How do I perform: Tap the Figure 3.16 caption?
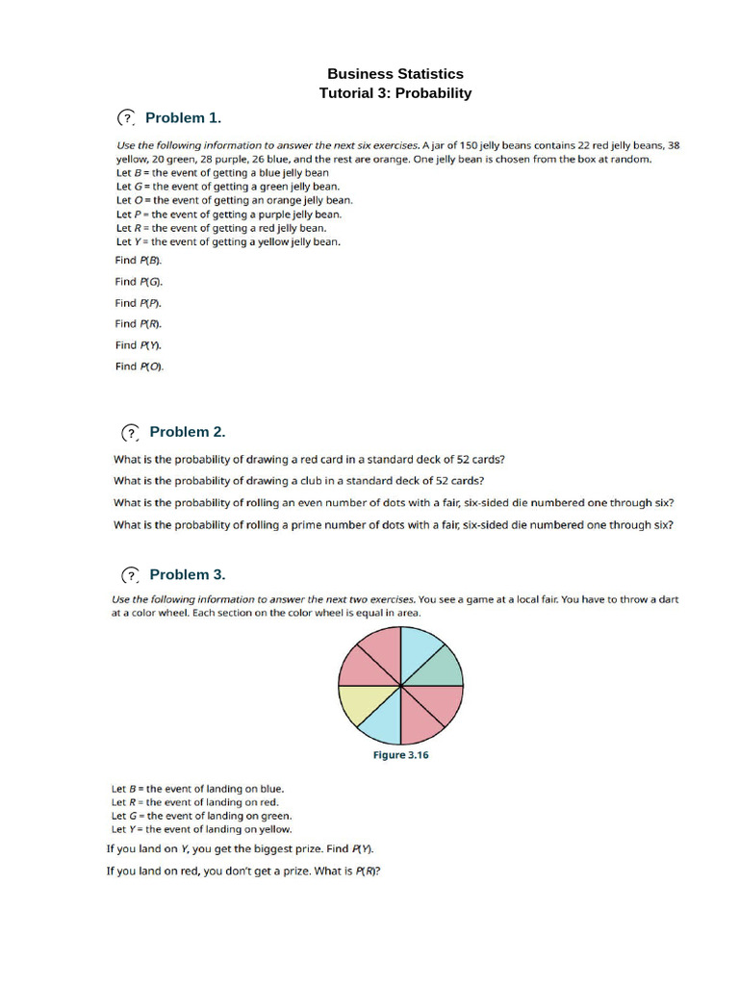pos(400,755)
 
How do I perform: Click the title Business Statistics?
pos(395,74)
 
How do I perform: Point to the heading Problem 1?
pos(183,117)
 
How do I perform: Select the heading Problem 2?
pos(187,432)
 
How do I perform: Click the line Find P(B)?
pos(139,260)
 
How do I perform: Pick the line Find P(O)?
pos(140,366)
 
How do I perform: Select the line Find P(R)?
pos(139,323)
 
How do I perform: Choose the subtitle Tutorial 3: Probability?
pos(395,93)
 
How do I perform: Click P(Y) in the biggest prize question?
pos(362,849)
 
